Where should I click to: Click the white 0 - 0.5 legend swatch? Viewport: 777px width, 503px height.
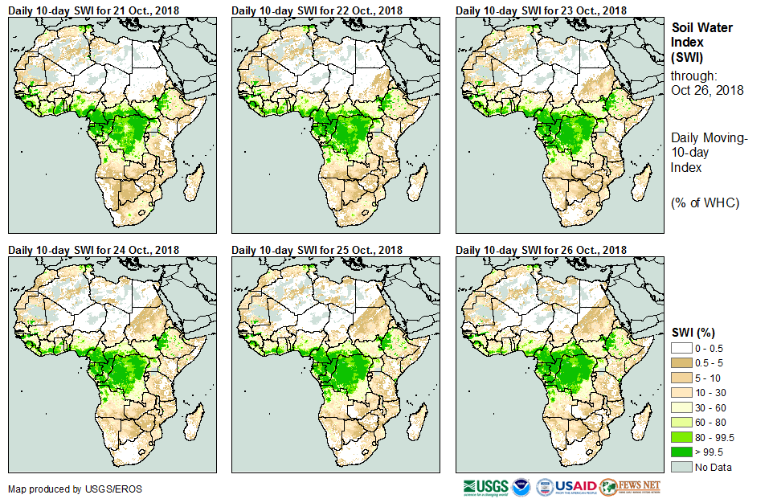click(681, 348)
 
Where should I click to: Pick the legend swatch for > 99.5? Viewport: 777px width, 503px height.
click(681, 452)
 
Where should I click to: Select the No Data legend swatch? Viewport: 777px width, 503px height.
click(681, 467)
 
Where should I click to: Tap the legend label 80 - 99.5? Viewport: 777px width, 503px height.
click(716, 437)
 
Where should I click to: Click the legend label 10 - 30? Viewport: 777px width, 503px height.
click(710, 393)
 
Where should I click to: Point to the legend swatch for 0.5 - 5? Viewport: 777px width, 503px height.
click(681, 362)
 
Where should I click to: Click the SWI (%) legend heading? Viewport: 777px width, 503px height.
click(693, 333)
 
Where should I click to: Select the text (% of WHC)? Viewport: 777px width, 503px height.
click(705, 202)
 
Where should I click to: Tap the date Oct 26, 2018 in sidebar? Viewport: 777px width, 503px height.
click(707, 90)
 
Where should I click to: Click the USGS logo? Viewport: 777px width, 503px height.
click(485, 487)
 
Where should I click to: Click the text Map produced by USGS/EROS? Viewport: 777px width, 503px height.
click(63, 489)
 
